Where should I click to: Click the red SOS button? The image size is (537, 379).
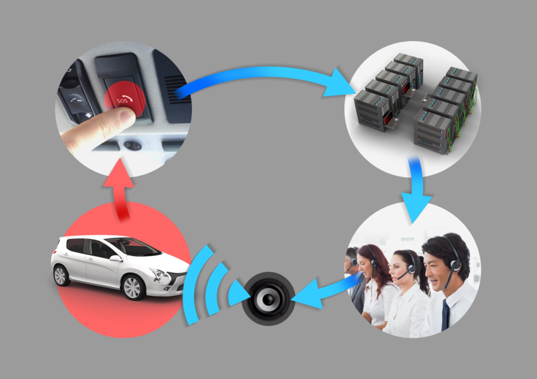coord(124,99)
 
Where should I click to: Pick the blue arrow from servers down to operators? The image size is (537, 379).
coord(416,190)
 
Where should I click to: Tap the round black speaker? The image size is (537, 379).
coord(268,299)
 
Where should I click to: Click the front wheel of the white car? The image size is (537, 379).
coord(132,287)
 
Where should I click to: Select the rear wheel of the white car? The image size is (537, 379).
coord(60,275)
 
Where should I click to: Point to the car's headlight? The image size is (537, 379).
coord(160,274)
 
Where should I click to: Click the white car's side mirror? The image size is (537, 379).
coord(116,259)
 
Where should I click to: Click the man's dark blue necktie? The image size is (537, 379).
coord(445,315)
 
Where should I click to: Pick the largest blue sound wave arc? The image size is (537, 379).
coord(196,284)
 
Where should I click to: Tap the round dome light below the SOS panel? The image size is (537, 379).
coord(133,146)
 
